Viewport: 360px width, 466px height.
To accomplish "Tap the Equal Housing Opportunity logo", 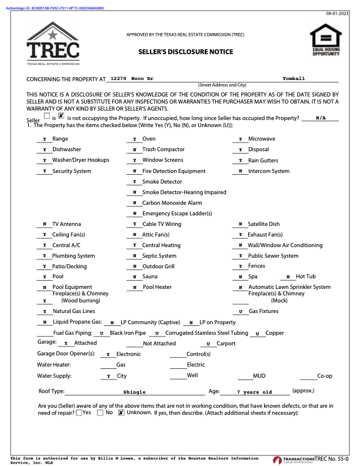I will pyautogui.click(x=325, y=39).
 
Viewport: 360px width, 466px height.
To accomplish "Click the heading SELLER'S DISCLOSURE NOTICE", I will pyautogui.click(x=185, y=52).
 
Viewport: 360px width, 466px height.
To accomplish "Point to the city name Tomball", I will pyautogui.click(x=294, y=78).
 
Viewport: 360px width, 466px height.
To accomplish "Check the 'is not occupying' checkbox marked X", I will pyautogui.click(x=61, y=116).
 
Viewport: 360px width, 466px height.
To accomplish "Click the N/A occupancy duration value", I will pyautogui.click(x=321, y=118).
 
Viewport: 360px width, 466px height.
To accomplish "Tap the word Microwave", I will pyautogui.click(x=261, y=139).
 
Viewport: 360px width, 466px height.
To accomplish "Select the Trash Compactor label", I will pyautogui.click(x=163, y=149).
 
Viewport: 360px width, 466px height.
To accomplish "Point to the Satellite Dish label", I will pyautogui.click(x=263, y=224).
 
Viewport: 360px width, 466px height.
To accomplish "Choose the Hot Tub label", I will pyautogui.click(x=305, y=277).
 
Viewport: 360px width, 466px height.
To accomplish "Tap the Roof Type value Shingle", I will pyautogui.click(x=134, y=391).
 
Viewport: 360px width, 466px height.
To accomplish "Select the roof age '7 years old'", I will pyautogui.click(x=254, y=391).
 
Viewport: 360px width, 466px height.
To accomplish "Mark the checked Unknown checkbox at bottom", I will pyautogui.click(x=121, y=413).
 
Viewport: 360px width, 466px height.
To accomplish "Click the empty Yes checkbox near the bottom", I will pyautogui.click(x=79, y=413).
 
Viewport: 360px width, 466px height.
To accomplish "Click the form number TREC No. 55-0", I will pyautogui.click(x=332, y=458).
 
